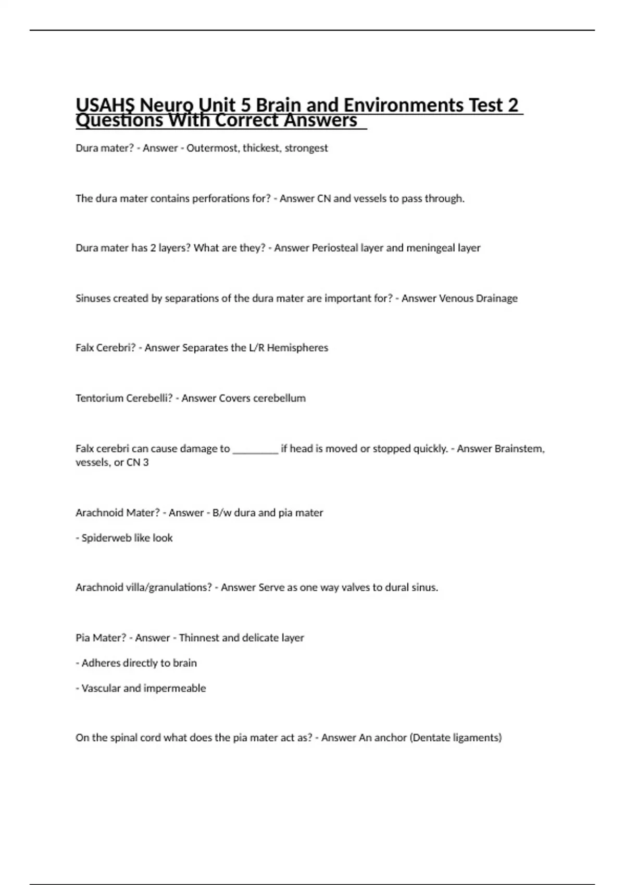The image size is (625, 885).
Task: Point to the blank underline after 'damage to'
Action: [255, 449]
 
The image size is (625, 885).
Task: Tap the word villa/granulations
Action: [164, 587]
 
